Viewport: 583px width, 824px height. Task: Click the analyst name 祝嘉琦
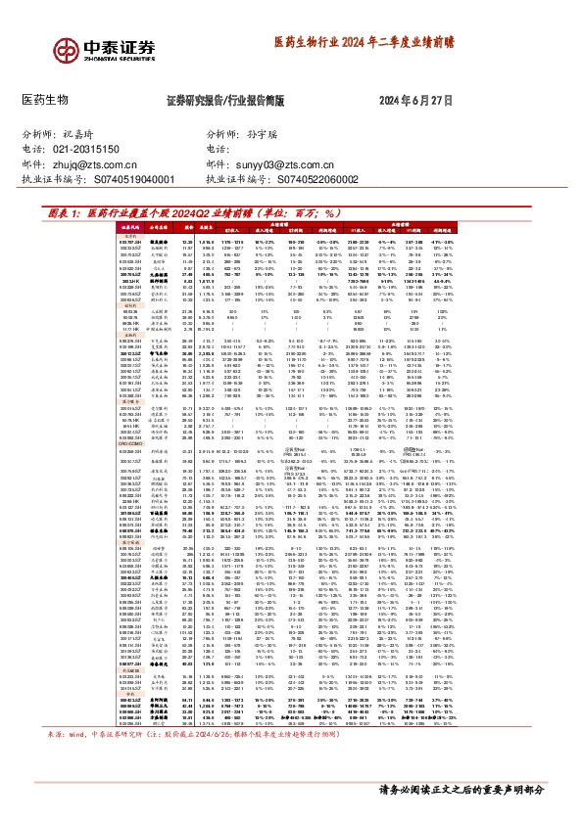[83, 132]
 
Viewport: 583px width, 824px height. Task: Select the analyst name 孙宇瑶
[239, 132]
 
